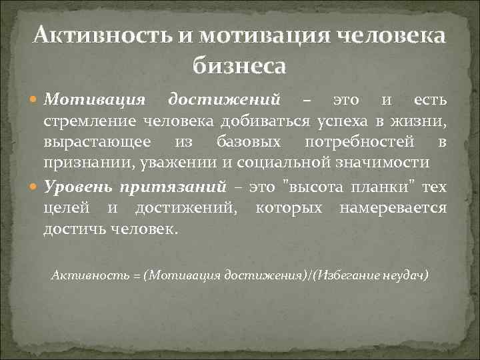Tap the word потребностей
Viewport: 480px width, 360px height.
(x=361, y=142)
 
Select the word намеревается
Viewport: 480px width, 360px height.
(x=393, y=208)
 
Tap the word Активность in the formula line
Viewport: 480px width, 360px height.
(x=79, y=275)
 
